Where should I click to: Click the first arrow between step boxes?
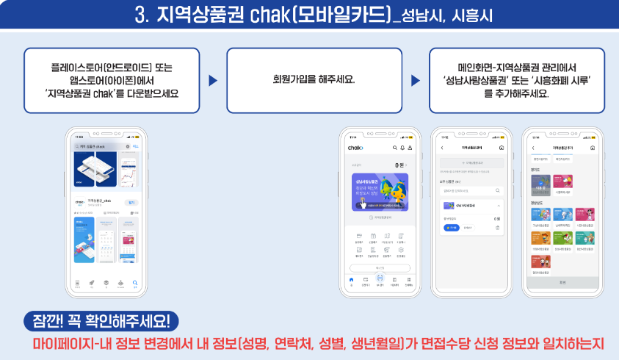213,80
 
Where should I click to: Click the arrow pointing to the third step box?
415,80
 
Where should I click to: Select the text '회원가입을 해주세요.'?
314,79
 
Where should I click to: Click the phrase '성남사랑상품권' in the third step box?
478,80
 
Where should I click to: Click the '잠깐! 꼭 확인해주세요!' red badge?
101,321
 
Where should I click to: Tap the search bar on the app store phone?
102,147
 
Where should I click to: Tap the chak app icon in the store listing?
79,202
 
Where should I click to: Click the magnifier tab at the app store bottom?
134,282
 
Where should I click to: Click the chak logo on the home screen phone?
356,148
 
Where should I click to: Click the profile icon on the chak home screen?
410,148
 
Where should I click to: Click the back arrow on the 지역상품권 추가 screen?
533,148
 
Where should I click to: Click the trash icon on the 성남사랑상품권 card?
497,228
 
